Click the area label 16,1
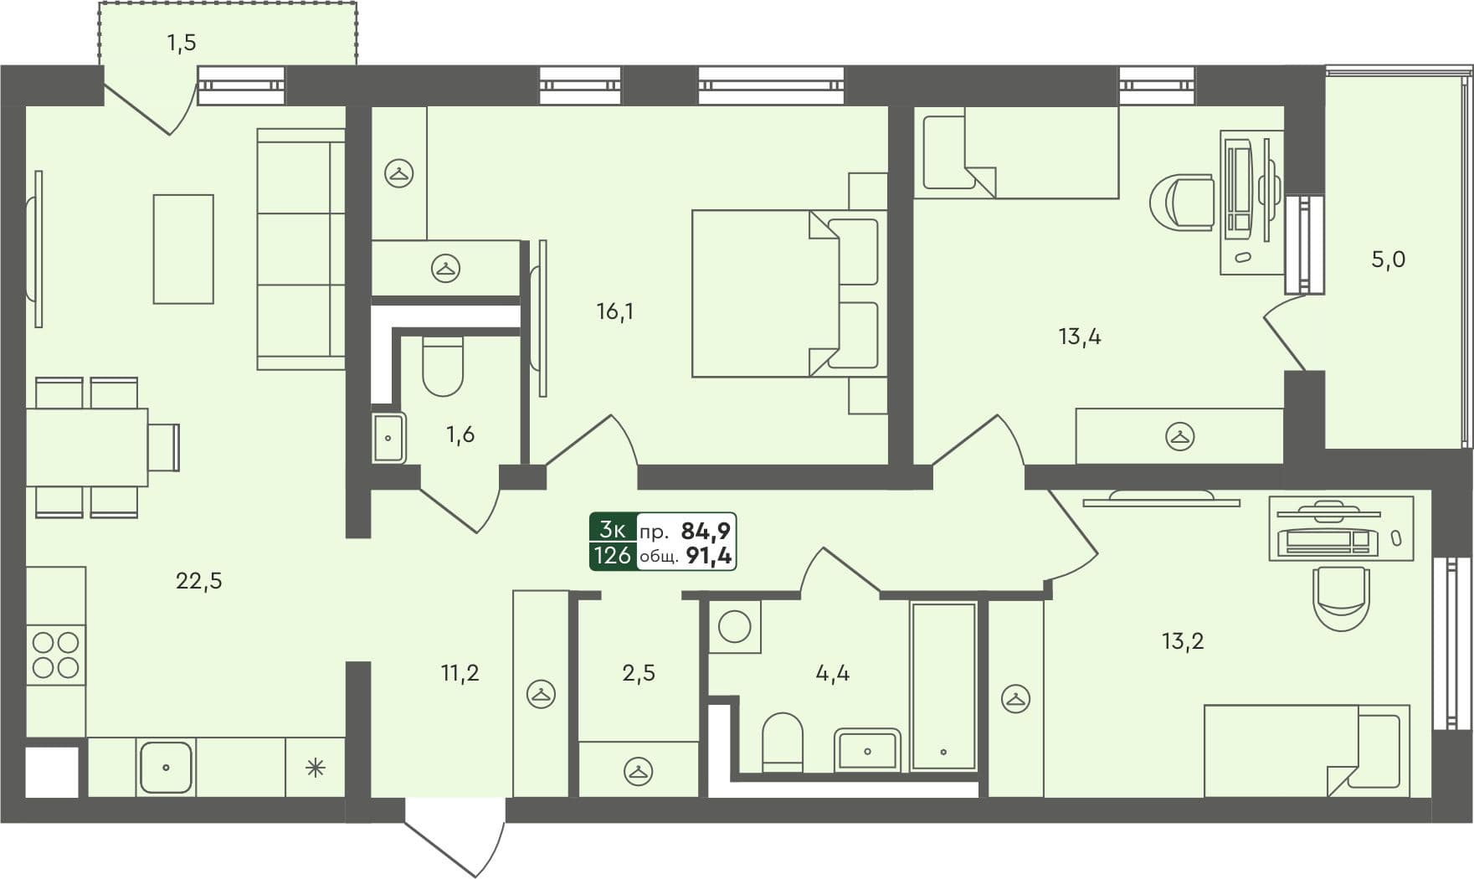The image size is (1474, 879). pos(614,312)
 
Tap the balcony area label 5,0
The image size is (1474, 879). pos(1387,260)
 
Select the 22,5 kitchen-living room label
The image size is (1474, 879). pos(198,580)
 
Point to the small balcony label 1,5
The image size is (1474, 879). pos(181,42)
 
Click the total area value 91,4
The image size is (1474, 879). pos(708,556)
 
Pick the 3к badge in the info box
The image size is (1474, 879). pos(612,530)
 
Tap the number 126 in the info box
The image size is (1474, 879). pos(612,556)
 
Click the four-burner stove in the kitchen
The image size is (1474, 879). pos(55,655)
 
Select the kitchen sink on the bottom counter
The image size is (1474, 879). pos(166,767)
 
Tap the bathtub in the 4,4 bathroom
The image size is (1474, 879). pos(943,686)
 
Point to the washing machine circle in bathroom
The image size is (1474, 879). pos(734,626)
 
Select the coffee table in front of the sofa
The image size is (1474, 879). pos(183,249)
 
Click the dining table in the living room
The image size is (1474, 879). pos(86,447)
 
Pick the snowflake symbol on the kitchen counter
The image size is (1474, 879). pos(315,768)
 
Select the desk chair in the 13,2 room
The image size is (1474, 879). pos(1341,596)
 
